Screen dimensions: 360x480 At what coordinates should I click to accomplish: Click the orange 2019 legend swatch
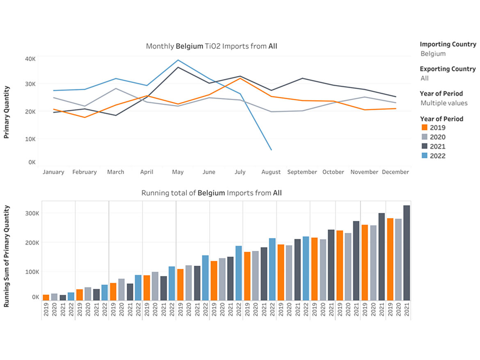click(x=424, y=128)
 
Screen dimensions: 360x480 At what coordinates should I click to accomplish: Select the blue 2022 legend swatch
click(x=424, y=156)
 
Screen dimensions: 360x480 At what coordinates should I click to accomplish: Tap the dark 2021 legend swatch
click(x=424, y=146)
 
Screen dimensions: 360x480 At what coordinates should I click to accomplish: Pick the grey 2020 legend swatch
click(x=424, y=137)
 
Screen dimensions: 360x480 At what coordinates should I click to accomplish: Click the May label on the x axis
click(x=178, y=172)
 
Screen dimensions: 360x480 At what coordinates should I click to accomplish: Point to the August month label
click(x=271, y=172)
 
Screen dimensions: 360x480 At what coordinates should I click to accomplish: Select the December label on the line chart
click(x=395, y=172)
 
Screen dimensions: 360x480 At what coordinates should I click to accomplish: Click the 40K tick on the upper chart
click(x=30, y=59)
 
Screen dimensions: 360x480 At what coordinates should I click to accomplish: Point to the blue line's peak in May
click(x=178, y=60)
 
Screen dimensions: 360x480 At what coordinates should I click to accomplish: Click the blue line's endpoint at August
click(x=271, y=150)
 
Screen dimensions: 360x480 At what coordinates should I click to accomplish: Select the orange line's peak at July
click(x=240, y=78)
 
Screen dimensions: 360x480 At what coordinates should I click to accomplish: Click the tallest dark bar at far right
click(x=407, y=253)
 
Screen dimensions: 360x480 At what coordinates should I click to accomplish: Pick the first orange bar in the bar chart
click(x=46, y=297)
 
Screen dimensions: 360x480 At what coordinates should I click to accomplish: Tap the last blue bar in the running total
click(x=306, y=268)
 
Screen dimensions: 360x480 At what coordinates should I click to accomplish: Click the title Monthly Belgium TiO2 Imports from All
click(x=211, y=46)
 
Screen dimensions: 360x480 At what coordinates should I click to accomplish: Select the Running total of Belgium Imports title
click(x=211, y=193)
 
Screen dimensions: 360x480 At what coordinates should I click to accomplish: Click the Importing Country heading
click(x=448, y=44)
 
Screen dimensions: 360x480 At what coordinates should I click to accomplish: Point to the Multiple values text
click(x=444, y=103)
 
